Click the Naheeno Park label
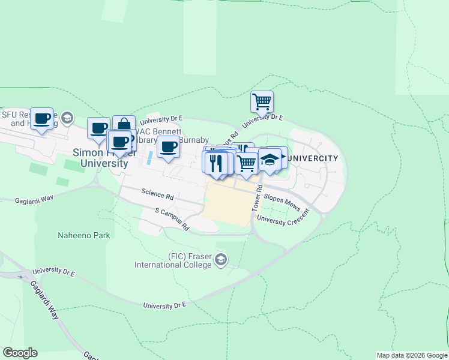(84, 236)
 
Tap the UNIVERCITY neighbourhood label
(313, 158)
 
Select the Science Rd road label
(157, 194)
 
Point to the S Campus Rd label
(172, 220)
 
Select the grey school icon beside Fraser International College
(221, 259)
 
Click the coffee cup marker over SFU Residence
(42, 119)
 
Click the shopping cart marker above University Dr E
(262, 101)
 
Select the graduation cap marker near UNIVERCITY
(270, 160)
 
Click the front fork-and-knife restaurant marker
(216, 163)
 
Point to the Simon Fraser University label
(100, 158)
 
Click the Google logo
(20, 353)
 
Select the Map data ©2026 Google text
(412, 355)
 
